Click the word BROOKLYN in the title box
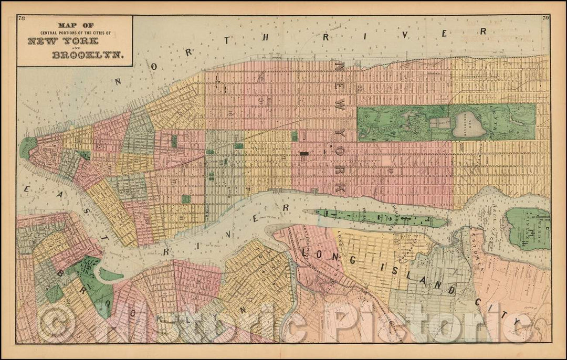(x=86, y=55)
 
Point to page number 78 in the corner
(x=22, y=19)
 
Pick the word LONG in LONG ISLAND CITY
(x=319, y=255)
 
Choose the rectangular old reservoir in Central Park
(x=440, y=123)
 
